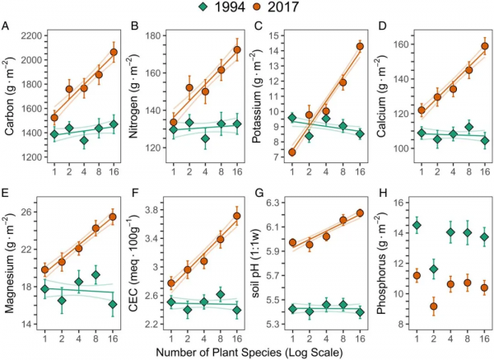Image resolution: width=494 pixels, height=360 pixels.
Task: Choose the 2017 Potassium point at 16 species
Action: coord(359,46)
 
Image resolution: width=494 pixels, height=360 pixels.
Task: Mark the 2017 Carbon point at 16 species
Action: coord(114,53)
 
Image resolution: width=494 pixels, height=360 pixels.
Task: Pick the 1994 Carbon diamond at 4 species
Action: coord(82,141)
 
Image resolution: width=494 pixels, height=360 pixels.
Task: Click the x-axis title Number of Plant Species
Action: coord(248,348)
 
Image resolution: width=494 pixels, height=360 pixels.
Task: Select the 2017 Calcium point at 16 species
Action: coord(484,46)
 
